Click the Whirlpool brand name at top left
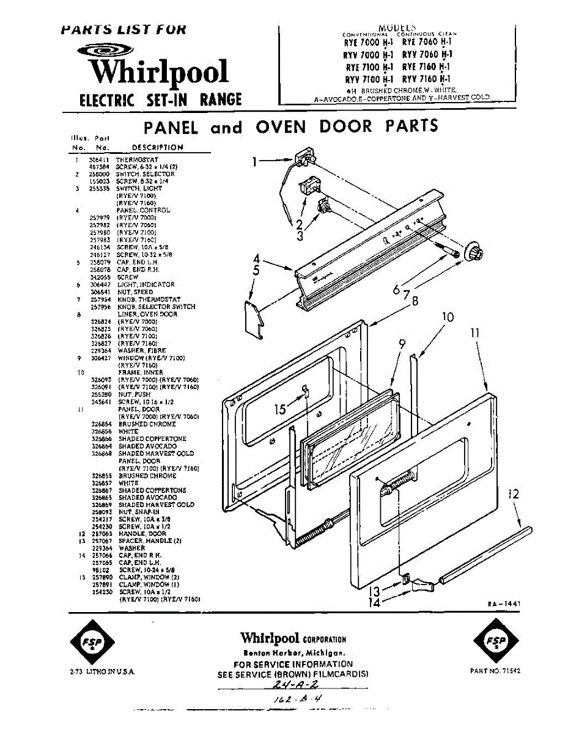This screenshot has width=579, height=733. pyautogui.click(x=160, y=72)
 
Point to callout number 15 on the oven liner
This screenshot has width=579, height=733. pyautogui.click(x=280, y=409)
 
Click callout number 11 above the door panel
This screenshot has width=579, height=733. pyautogui.click(x=476, y=334)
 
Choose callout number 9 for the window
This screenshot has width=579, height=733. pyautogui.click(x=402, y=345)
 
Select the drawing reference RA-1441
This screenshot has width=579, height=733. pyautogui.click(x=504, y=604)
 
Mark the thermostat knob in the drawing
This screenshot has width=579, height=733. pyautogui.click(x=475, y=252)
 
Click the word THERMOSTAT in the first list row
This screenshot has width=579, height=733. pyautogui.click(x=137, y=159)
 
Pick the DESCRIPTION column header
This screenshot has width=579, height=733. pyautogui.click(x=157, y=147)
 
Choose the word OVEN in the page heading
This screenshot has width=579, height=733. pyautogui.click(x=280, y=126)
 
